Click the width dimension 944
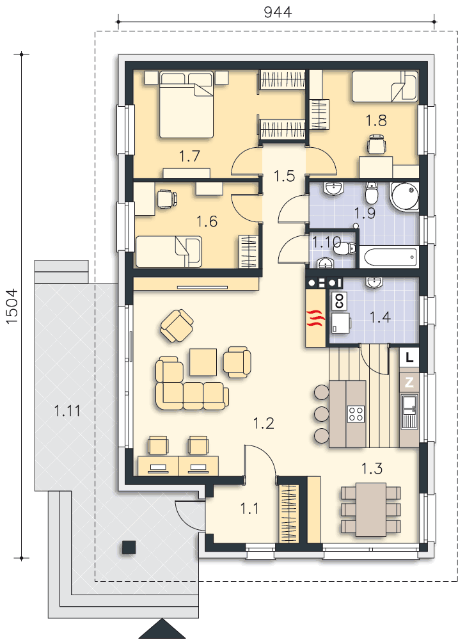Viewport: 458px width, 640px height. pyautogui.click(x=278, y=12)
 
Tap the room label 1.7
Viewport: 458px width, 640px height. pyautogui.click(x=189, y=156)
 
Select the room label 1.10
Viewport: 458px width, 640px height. pyautogui.click(x=326, y=243)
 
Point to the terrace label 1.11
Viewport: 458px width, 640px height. pyautogui.click(x=67, y=411)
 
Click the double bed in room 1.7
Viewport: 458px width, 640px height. pyautogui.click(x=186, y=105)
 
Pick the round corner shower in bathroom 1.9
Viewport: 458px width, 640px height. pyautogui.click(x=404, y=196)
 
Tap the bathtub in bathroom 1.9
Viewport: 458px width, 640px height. pyautogui.click(x=389, y=257)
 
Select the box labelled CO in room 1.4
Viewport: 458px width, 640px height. pyautogui.click(x=338, y=301)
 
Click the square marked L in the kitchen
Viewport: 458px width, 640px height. pyautogui.click(x=409, y=358)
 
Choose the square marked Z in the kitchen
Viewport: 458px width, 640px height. pyautogui.click(x=409, y=383)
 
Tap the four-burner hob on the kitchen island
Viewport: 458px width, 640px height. pyautogui.click(x=356, y=414)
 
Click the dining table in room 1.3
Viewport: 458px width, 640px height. pyautogui.click(x=370, y=509)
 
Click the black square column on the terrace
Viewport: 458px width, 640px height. pyautogui.click(x=129, y=547)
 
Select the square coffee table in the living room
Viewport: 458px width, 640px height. pyautogui.click(x=203, y=362)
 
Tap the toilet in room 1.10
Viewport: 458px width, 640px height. pyautogui.click(x=346, y=248)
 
